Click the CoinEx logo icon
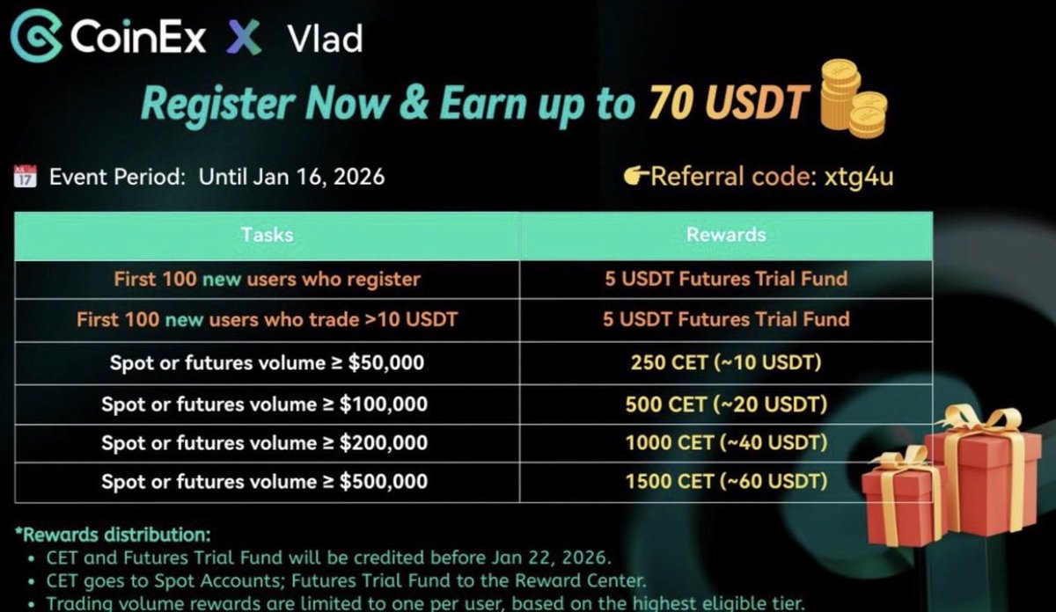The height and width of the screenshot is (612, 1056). [36, 37]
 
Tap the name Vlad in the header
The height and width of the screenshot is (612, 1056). [324, 39]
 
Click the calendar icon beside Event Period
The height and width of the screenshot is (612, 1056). [26, 176]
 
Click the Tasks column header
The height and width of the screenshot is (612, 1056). [267, 235]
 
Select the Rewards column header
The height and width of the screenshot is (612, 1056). [725, 235]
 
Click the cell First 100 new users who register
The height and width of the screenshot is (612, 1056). [267, 280]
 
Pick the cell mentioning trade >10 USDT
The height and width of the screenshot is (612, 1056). [267, 319]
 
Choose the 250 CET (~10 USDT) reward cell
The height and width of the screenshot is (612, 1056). [725, 362]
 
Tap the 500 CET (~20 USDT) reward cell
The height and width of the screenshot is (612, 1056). [725, 404]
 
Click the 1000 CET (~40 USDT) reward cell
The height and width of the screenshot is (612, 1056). [725, 442]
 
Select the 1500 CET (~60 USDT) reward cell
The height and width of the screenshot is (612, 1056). [725, 481]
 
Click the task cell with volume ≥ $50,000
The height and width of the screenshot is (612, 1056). [267, 362]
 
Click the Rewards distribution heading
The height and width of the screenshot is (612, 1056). [112, 535]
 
